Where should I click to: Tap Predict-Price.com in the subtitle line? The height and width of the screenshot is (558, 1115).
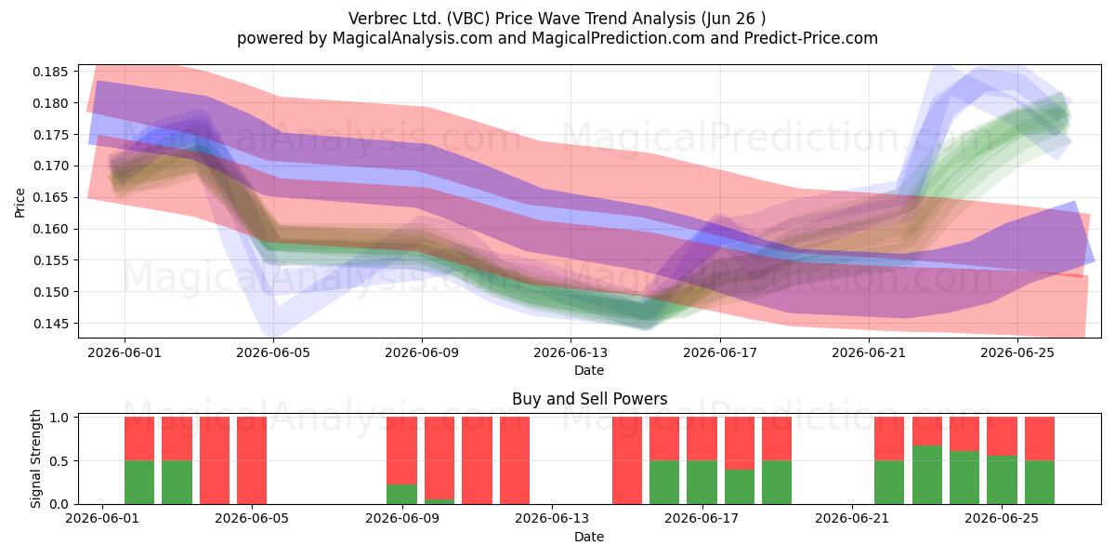[x=811, y=38]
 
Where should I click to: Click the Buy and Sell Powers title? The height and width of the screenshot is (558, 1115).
[x=589, y=399]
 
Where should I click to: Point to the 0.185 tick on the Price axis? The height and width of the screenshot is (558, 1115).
[x=50, y=72]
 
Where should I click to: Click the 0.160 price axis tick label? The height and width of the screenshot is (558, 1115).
[x=50, y=229]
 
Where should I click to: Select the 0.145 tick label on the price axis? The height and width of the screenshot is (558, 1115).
[x=50, y=324]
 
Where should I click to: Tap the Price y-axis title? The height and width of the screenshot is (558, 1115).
[x=20, y=203]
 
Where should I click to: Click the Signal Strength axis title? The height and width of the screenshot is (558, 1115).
[x=35, y=458]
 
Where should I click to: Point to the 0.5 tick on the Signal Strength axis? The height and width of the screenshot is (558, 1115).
[x=59, y=461]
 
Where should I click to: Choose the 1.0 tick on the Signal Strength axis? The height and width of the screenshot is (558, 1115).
[x=59, y=418]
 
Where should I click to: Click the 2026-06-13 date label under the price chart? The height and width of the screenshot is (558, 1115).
[x=571, y=353]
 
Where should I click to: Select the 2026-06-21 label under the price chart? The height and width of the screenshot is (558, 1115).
[x=869, y=353]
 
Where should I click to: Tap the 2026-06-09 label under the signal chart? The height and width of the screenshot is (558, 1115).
[x=402, y=519]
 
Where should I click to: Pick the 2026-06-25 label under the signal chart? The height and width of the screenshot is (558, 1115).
[x=1002, y=519]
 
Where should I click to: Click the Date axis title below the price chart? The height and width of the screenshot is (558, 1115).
[x=589, y=371]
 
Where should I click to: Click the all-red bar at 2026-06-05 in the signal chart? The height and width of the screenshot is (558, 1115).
[x=252, y=460]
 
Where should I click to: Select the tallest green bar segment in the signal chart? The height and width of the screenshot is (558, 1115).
[x=927, y=475]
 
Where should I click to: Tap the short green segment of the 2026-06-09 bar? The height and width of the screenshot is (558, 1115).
[x=402, y=494]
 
